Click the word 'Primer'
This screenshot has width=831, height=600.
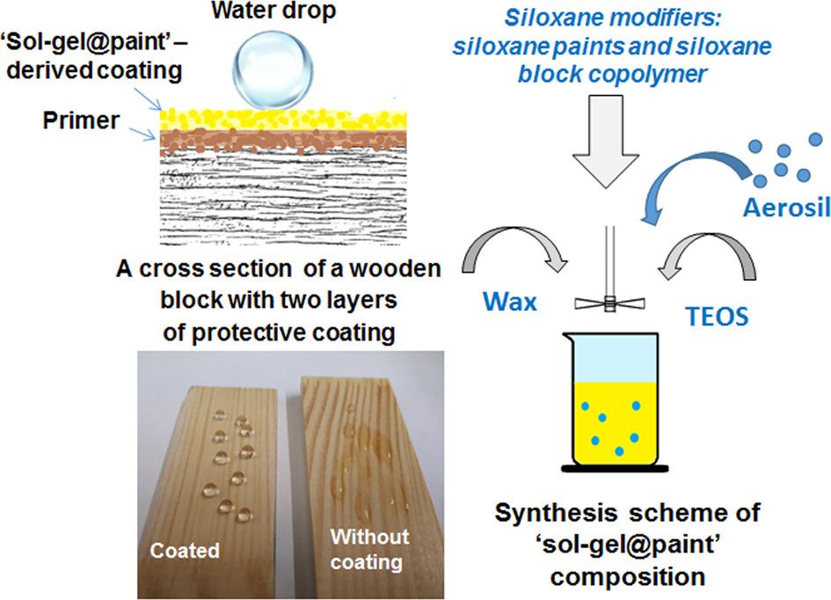click(81, 121)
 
